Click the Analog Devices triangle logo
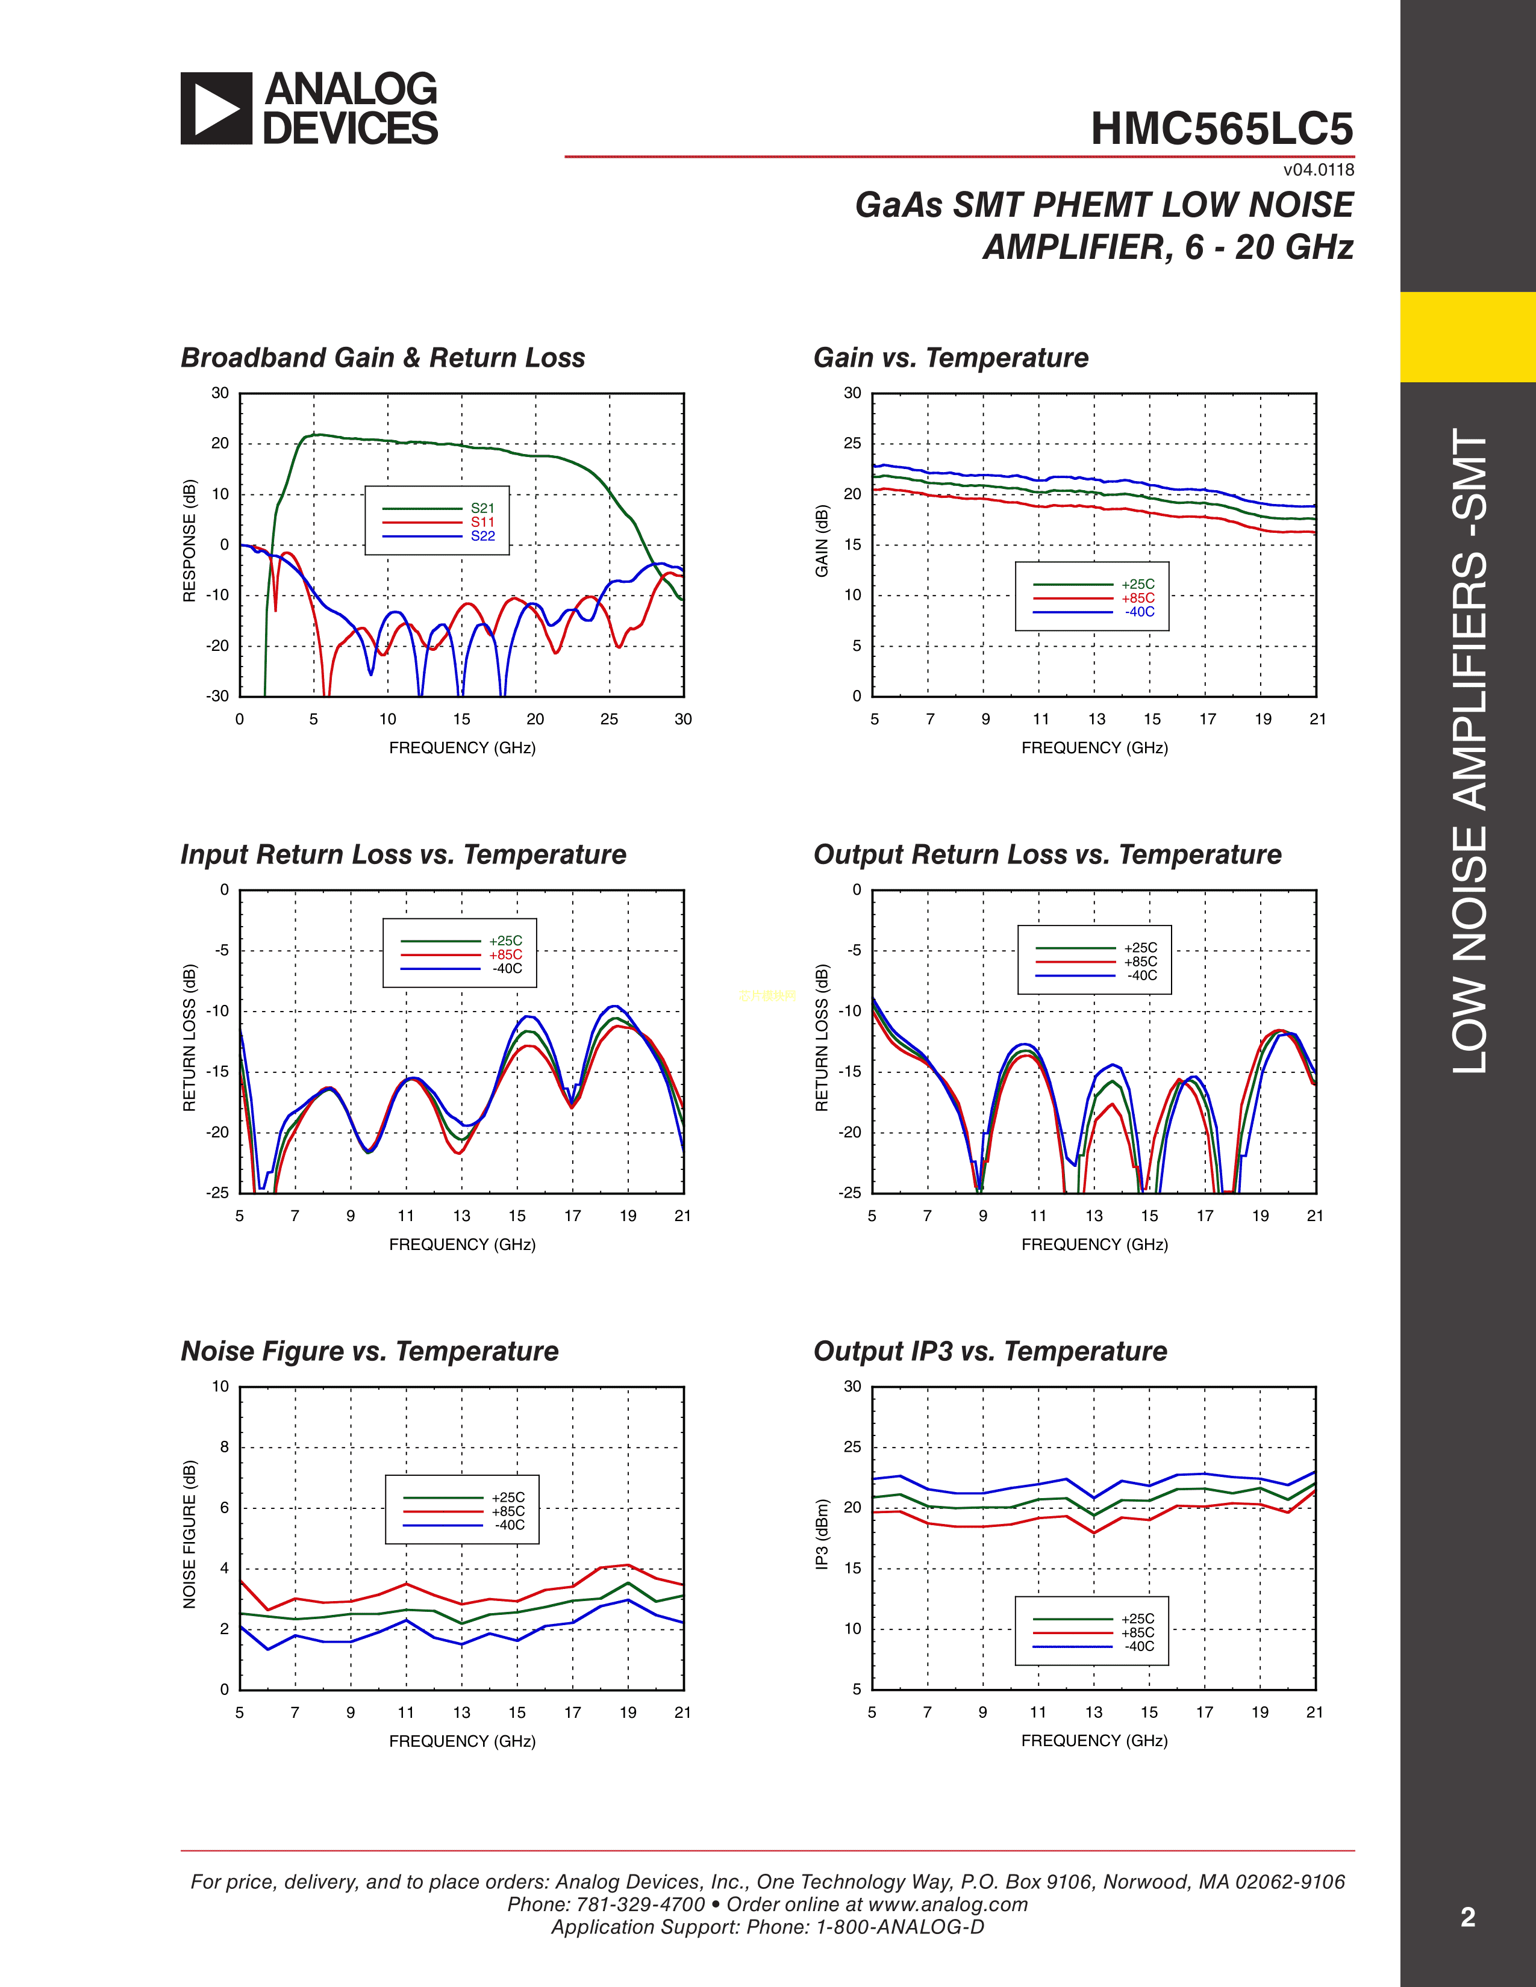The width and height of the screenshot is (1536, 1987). click(x=216, y=108)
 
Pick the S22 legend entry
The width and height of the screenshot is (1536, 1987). click(x=482, y=536)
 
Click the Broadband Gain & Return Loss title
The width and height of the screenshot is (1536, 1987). click(x=382, y=358)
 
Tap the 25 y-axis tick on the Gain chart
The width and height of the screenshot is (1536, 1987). click(x=852, y=443)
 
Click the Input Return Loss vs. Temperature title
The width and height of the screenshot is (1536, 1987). click(x=403, y=854)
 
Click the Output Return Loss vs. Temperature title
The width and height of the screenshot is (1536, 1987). click(x=1046, y=854)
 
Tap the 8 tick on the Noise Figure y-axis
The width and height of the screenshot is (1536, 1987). click(x=224, y=1446)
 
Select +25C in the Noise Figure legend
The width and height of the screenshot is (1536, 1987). click(x=508, y=1497)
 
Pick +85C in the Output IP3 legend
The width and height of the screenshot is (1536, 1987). click(x=1137, y=1632)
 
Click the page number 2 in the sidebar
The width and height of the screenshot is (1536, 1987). click(x=1467, y=1917)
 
